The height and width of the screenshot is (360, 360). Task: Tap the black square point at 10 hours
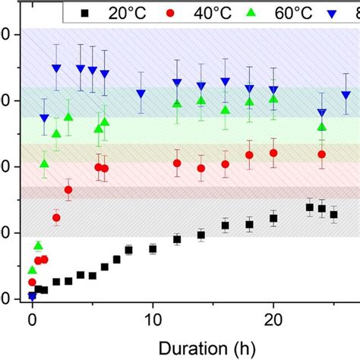click(x=153, y=248)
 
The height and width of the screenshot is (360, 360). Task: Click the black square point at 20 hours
click(x=273, y=218)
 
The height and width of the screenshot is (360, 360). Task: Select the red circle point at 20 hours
click(x=273, y=153)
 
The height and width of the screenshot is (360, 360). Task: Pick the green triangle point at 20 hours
click(x=273, y=98)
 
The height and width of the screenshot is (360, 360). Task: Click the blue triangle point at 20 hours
click(x=273, y=90)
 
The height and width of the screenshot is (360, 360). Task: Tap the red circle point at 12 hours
click(x=177, y=163)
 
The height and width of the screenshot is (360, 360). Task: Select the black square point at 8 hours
click(x=128, y=250)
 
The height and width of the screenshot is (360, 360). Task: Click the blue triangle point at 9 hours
click(x=141, y=94)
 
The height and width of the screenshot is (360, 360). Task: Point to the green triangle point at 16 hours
click(x=225, y=110)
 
